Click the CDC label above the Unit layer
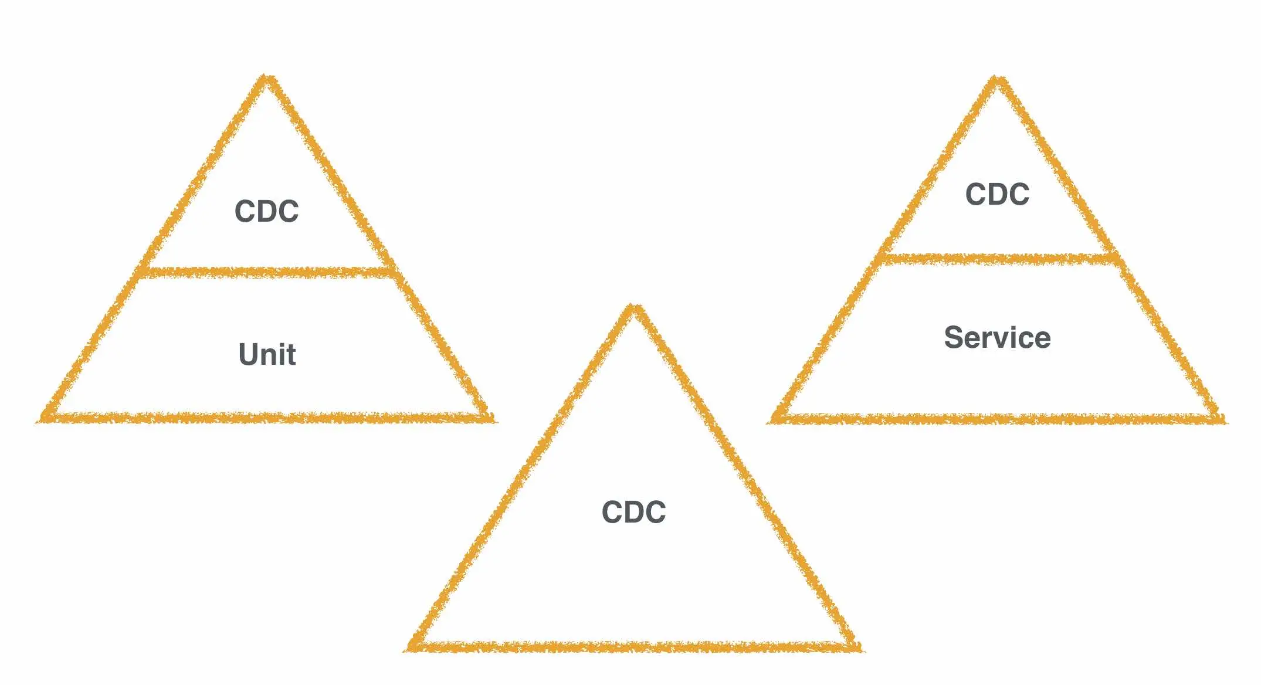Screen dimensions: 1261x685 pos(266,211)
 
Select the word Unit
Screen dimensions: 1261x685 pos(267,354)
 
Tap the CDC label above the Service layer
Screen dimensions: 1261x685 pos(997,194)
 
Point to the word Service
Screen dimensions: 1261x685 pos(997,338)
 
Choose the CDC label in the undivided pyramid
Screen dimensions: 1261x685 pos(633,512)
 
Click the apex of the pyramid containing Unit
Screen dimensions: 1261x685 pos(266,80)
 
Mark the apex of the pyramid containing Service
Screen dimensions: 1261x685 pos(996,81)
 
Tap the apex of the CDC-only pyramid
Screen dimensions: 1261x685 pos(633,309)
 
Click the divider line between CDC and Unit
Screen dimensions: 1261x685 pos(267,273)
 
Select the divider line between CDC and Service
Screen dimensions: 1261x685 pos(997,259)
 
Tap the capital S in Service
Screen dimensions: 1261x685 pos(954,338)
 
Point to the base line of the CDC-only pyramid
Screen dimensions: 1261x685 pos(633,647)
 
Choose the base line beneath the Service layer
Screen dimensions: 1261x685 pos(997,419)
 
